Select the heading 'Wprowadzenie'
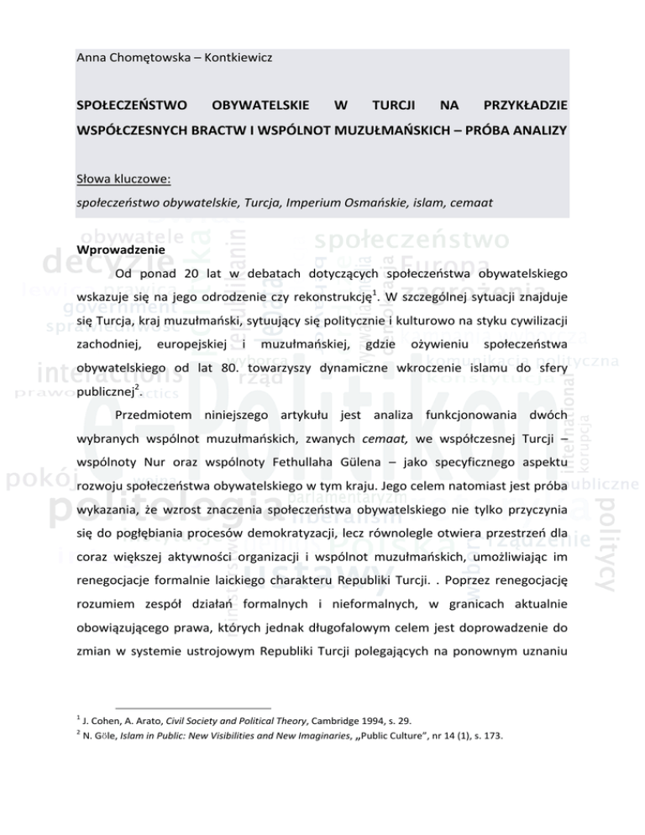114,249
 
